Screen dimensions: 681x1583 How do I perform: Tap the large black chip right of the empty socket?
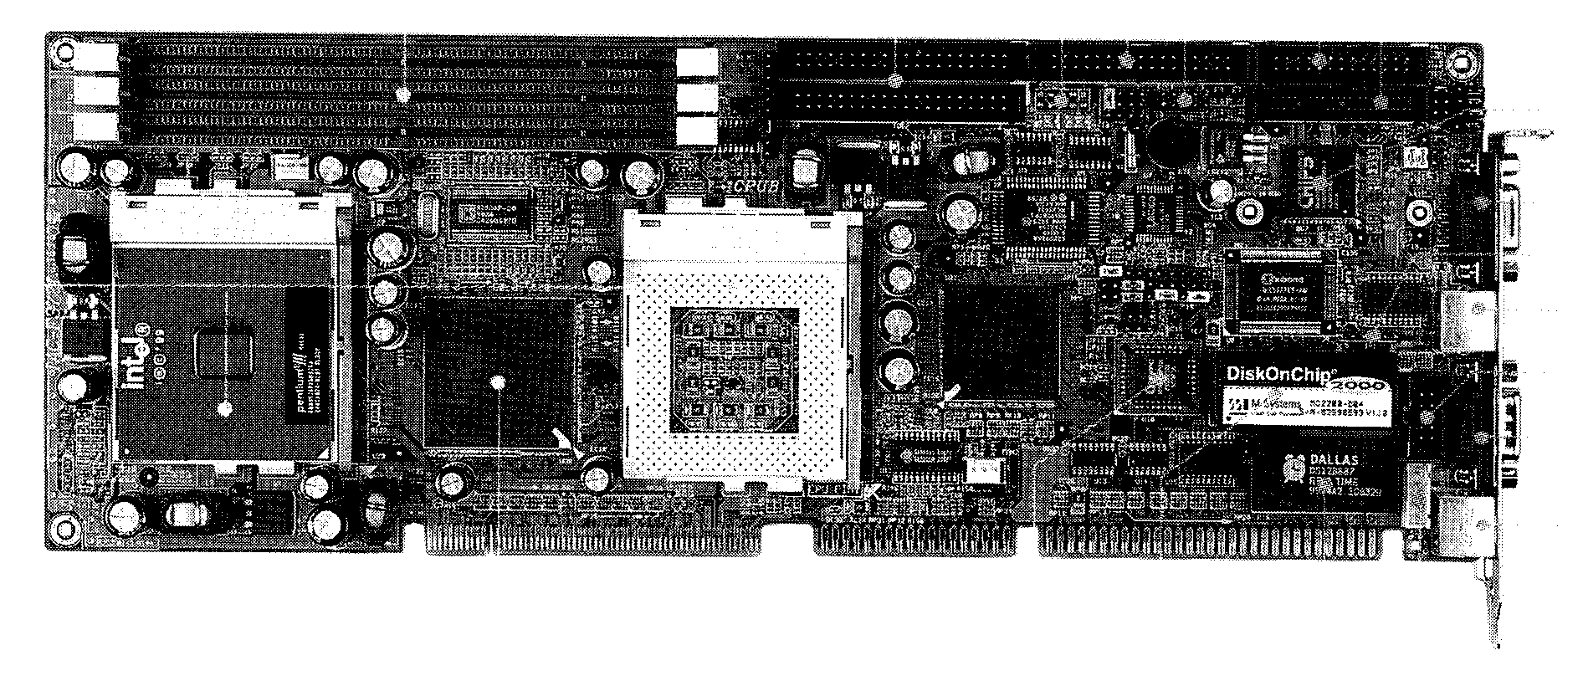click(x=997, y=340)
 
